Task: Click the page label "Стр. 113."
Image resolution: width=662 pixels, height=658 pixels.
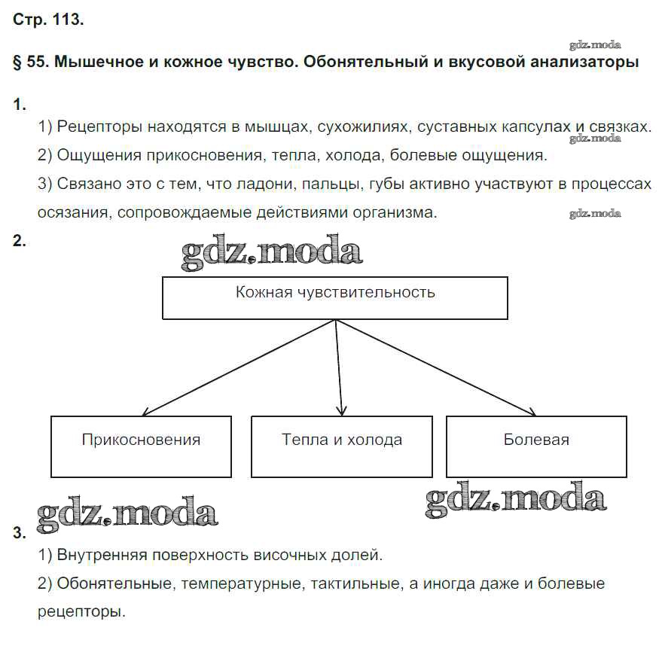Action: [48, 20]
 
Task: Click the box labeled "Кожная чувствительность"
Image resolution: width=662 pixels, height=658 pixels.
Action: [335, 297]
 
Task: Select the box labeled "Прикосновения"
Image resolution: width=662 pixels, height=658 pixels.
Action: [141, 446]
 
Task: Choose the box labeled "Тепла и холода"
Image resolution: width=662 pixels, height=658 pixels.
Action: [342, 446]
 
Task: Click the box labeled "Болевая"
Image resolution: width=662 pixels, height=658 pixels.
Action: [536, 446]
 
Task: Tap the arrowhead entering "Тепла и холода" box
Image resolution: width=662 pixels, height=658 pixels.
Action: [341, 410]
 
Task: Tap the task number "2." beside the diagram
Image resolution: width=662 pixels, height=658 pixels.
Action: [20, 242]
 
